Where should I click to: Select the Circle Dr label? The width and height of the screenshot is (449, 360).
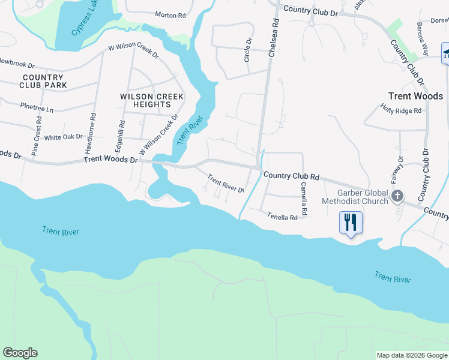pos(247,50)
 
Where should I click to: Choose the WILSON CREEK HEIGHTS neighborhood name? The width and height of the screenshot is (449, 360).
pos(145,100)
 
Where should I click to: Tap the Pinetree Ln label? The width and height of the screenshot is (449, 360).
pos(37,110)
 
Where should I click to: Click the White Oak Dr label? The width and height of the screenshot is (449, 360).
pos(63,137)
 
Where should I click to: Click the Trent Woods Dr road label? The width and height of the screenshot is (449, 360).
pos(111,160)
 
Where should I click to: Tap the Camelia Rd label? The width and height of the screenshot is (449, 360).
pos(304,199)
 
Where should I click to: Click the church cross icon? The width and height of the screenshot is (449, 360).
pos(397,196)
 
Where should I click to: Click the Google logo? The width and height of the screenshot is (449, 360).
pos(20,353)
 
